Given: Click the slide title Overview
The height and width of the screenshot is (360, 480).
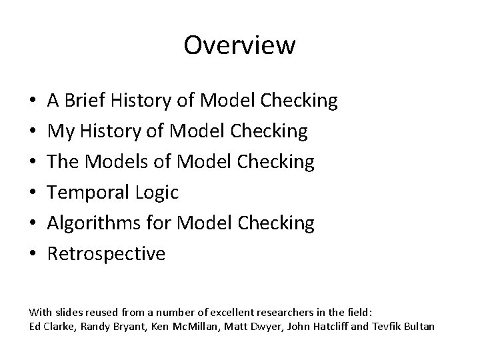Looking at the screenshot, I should (x=239, y=45).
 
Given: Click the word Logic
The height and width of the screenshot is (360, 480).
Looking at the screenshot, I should (x=155, y=193).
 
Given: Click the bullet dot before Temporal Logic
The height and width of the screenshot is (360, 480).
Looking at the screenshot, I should (x=33, y=193).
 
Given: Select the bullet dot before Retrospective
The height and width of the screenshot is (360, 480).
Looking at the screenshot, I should (x=33, y=255).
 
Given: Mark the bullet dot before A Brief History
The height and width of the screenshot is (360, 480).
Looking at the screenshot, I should (x=33, y=101).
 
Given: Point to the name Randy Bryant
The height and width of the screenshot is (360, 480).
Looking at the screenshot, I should (x=98, y=326).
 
